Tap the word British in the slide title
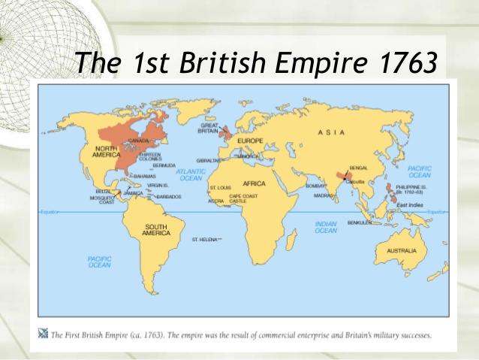point(222,64)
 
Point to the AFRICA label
point(255,183)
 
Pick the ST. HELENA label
point(205,239)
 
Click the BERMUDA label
point(164,165)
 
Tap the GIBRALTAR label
point(209,160)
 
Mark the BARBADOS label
point(169,196)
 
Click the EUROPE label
point(250,141)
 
